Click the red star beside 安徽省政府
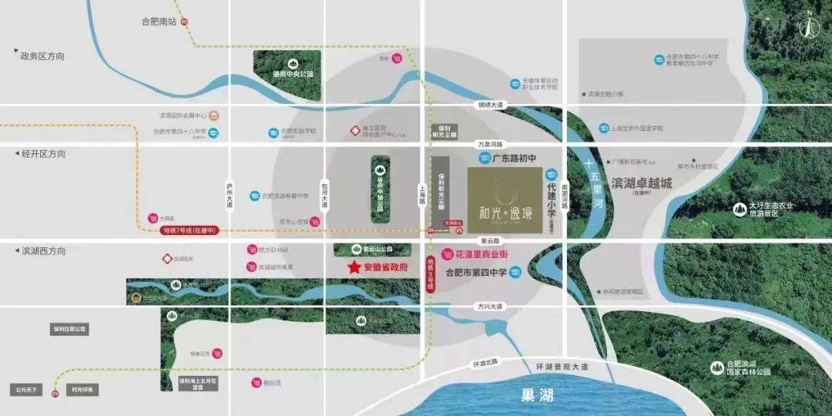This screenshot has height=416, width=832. [x=354, y=267]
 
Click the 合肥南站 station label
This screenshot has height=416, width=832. [x=159, y=22]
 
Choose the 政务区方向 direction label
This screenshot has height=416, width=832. [x=43, y=56]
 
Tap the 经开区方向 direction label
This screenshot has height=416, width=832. [x=43, y=154]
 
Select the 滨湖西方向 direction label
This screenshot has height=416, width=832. [x=43, y=251]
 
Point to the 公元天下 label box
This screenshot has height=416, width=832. [x=26, y=390]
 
